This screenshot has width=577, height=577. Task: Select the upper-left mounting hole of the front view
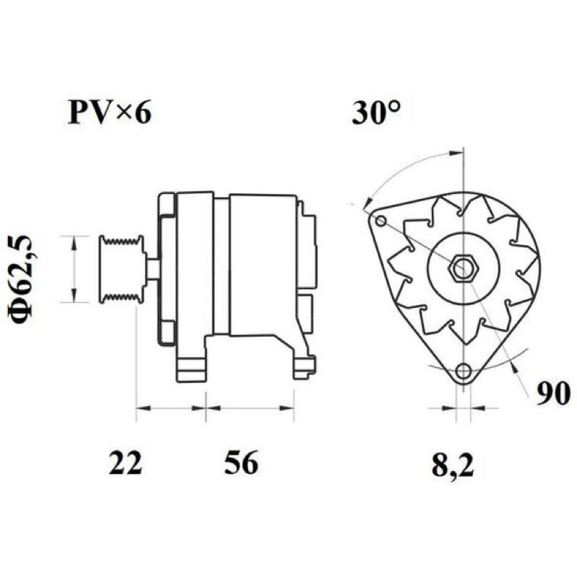(382, 221)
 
